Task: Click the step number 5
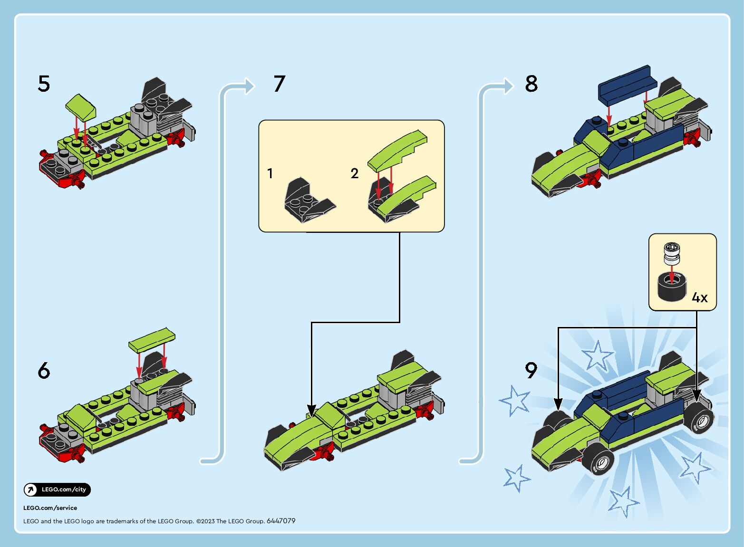(44, 83)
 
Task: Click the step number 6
(44, 370)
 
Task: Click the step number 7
(280, 83)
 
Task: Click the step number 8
(531, 83)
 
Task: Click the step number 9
(531, 370)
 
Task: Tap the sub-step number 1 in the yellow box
(270, 173)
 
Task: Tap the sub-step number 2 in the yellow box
(354, 173)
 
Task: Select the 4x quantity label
(699, 297)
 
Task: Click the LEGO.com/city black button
(57, 489)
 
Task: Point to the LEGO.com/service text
(50, 508)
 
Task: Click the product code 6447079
(281, 521)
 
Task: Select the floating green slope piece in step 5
(81, 107)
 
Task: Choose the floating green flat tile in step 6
(152, 340)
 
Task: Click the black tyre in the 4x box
(672, 287)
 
